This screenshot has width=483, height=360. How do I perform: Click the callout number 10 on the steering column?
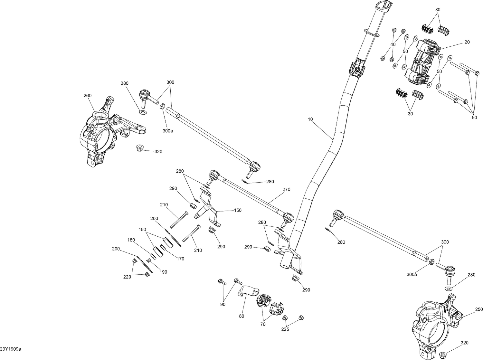click(310, 119)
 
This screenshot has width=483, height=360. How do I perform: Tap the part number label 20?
click(467, 42)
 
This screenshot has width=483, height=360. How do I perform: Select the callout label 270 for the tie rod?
click(286, 189)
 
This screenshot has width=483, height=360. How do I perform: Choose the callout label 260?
click(87, 95)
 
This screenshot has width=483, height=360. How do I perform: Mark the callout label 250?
click(479, 309)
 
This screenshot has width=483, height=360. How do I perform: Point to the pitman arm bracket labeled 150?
click(209, 209)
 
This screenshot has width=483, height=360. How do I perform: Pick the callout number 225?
click(285, 329)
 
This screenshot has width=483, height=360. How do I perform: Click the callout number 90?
click(223, 304)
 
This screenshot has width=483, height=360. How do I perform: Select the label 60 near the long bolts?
click(474, 117)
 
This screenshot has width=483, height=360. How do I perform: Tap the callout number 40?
click(393, 44)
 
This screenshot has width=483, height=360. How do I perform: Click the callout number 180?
click(131, 240)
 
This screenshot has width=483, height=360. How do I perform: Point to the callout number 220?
click(127, 277)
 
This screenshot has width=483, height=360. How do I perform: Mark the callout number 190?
click(163, 272)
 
